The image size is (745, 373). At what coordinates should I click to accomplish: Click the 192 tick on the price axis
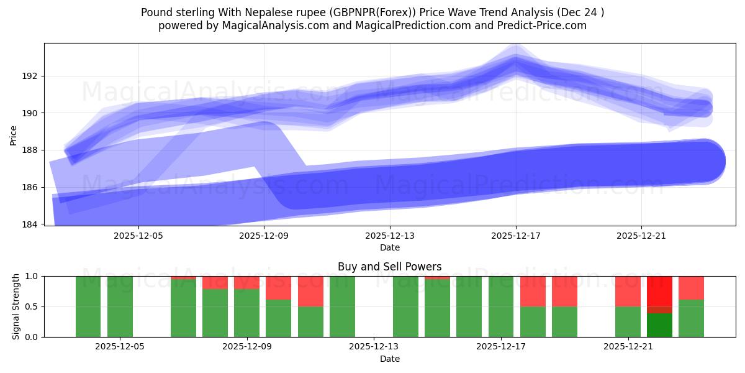tap(30, 76)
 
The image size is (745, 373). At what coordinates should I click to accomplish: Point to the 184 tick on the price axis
tap(30, 224)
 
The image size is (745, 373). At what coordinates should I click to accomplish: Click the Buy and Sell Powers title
tap(389, 267)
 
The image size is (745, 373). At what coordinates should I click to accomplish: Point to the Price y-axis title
tap(14, 134)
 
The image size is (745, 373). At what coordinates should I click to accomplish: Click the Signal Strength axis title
tap(16, 306)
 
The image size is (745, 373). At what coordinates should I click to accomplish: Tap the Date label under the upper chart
tap(389, 247)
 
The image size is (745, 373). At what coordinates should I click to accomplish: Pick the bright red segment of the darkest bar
tap(659, 290)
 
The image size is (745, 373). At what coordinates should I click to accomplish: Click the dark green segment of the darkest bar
tap(659, 325)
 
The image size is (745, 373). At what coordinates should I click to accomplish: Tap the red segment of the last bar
tap(691, 288)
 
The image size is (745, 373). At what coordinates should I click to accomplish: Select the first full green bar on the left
tap(88, 306)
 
